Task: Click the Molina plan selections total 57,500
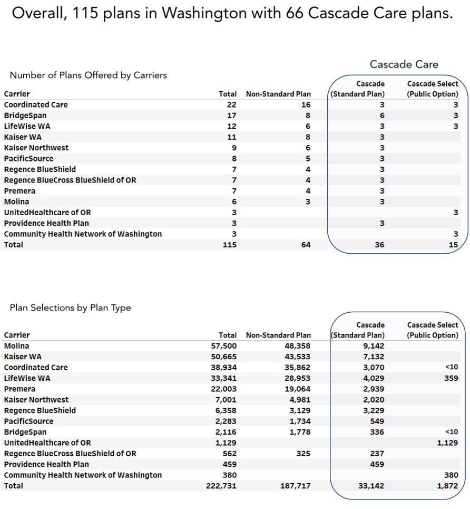pyautogui.click(x=224, y=346)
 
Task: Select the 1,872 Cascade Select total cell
pyautogui.click(x=447, y=486)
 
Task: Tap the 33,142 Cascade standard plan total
pyautogui.click(x=371, y=486)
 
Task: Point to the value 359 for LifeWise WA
pyautogui.click(x=451, y=378)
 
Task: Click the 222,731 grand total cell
pyautogui.click(x=221, y=486)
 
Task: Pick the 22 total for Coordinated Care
pyautogui.click(x=232, y=105)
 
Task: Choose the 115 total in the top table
pyautogui.click(x=229, y=245)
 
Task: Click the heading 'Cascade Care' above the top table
pyautogui.click(x=404, y=64)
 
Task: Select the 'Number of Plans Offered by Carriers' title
pyautogui.click(x=89, y=75)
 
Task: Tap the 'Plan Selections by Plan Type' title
pyautogui.click(x=70, y=308)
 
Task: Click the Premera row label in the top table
pyautogui.click(x=19, y=191)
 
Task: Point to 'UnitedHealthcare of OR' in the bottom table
pyautogui.click(x=47, y=443)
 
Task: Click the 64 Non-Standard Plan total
pyautogui.click(x=306, y=245)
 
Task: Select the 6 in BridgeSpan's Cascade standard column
pyautogui.click(x=382, y=116)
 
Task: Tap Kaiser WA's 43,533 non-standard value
pyautogui.click(x=297, y=357)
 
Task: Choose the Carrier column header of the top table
pyautogui.click(x=17, y=94)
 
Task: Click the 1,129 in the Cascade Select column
pyautogui.click(x=447, y=443)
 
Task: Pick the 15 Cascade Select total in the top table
pyautogui.click(x=453, y=245)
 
